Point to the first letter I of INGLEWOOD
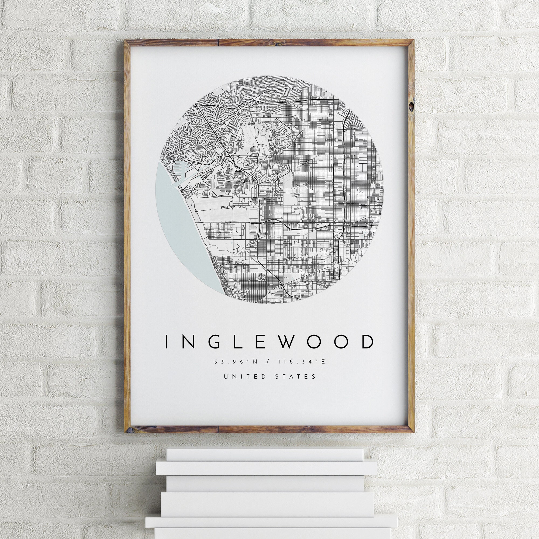tap(167, 342)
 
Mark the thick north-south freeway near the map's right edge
tap(345, 167)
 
